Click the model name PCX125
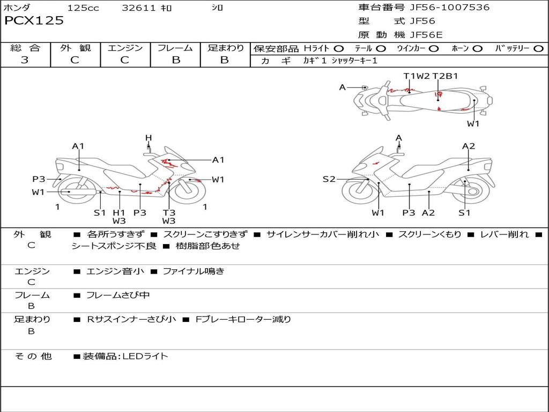pyautogui.click(x=34, y=21)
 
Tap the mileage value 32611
pyautogui.click(x=139, y=8)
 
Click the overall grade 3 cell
pyautogui.click(x=25, y=60)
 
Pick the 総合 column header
pyautogui.click(x=25, y=48)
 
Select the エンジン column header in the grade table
pyautogui.click(x=125, y=48)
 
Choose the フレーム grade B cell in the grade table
pyautogui.click(x=176, y=60)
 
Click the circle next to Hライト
pyautogui.click(x=339, y=48)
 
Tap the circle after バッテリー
pyautogui.click(x=538, y=48)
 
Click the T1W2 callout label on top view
pyautogui.click(x=417, y=76)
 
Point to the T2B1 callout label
pyautogui.click(x=445, y=76)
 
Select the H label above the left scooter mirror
pyautogui.click(x=149, y=138)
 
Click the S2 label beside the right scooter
pyautogui.click(x=329, y=179)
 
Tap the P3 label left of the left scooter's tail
pyautogui.click(x=39, y=179)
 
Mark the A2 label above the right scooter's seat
pyautogui.click(x=469, y=146)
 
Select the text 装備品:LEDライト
pyautogui.click(x=125, y=356)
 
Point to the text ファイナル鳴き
pyautogui.click(x=193, y=271)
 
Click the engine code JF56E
pyautogui.click(x=426, y=35)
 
